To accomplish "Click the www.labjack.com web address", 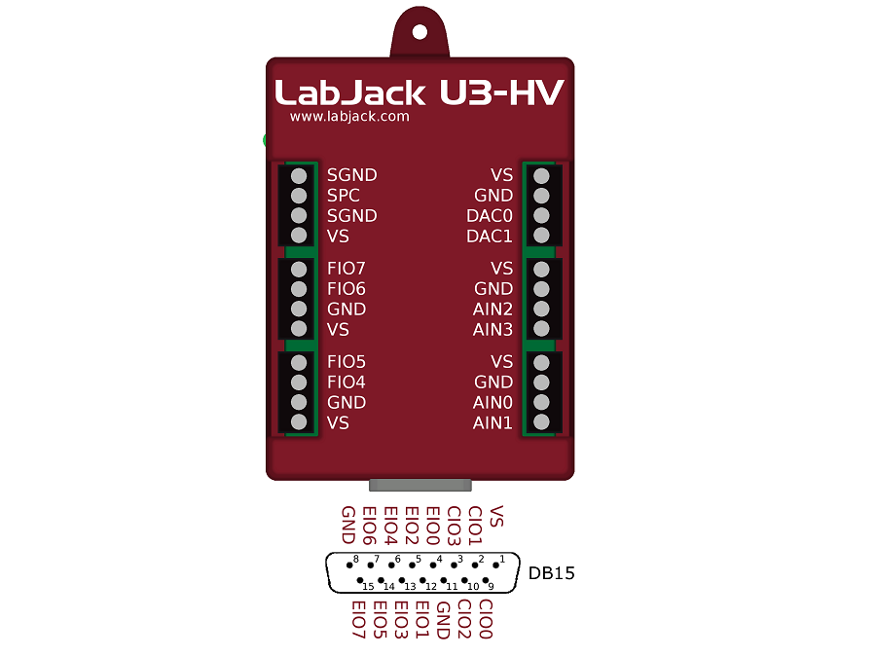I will click(349, 117).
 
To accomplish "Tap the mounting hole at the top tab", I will click(420, 31).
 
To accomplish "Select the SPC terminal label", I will click(344, 196).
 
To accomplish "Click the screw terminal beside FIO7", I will click(299, 269).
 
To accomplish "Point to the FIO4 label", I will click(347, 383).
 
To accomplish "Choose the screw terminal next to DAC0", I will click(541, 216).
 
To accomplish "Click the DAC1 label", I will click(490, 237).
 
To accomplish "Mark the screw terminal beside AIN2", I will click(541, 310).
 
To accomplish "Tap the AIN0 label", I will click(493, 403).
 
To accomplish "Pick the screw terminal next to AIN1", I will click(541, 423).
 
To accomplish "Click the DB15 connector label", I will click(552, 573).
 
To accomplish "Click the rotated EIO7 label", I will click(357, 620).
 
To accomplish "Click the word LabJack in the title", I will click(350, 92).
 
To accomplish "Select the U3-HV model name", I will click(501, 92).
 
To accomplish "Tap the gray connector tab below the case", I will click(420, 485).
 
